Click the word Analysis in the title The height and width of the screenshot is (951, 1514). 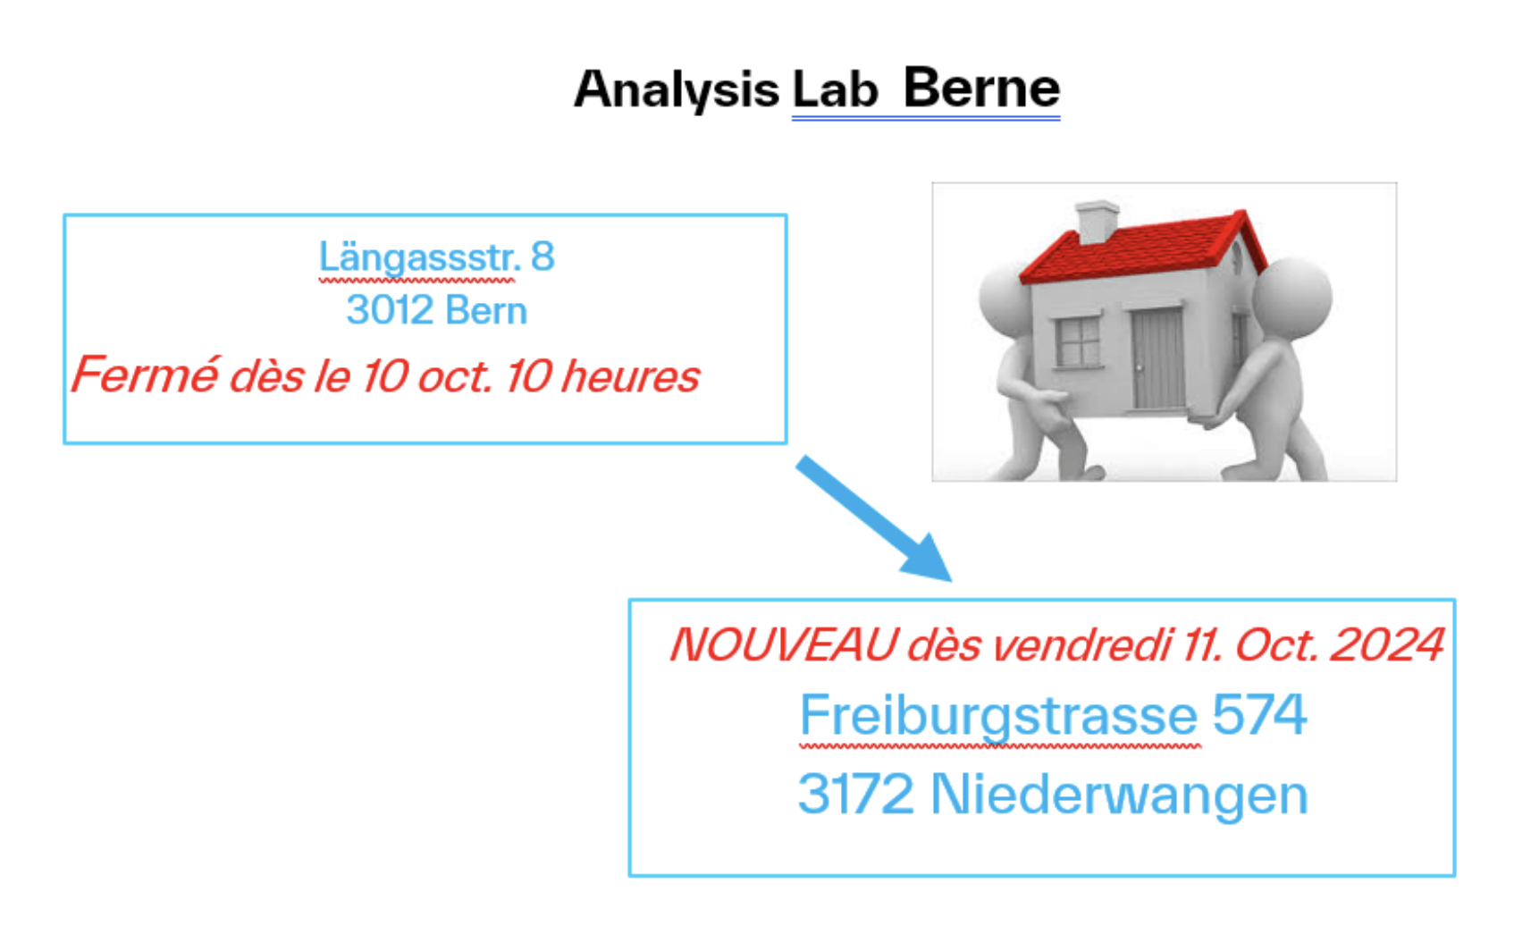pyautogui.click(x=676, y=89)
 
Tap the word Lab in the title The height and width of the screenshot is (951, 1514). pyautogui.click(x=835, y=89)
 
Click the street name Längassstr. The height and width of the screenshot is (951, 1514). pyautogui.click(x=419, y=257)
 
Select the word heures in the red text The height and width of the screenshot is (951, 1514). pyautogui.click(x=631, y=375)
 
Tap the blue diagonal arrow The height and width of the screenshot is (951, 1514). pyautogui.click(x=873, y=517)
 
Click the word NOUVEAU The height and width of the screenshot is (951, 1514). pyautogui.click(x=783, y=644)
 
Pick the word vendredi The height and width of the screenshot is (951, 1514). pyautogui.click(x=1083, y=644)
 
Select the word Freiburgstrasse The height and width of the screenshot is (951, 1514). pyautogui.click(x=998, y=715)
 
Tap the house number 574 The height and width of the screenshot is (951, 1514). pyautogui.click(x=1258, y=715)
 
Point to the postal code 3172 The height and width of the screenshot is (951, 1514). pyautogui.click(x=855, y=794)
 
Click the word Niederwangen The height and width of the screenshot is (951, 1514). pyautogui.click(x=1119, y=794)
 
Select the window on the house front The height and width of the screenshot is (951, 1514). pyautogui.click(x=1078, y=341)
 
